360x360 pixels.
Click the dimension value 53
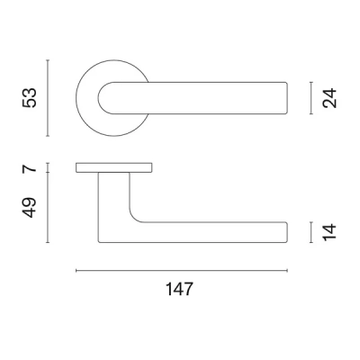pyautogui.click(x=30, y=96)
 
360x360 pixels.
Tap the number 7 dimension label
pyautogui.click(x=29, y=168)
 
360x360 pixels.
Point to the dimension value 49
pyautogui.click(x=30, y=207)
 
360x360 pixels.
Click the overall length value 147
pyautogui.click(x=181, y=290)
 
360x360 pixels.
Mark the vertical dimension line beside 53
pyautogui.click(x=47, y=96)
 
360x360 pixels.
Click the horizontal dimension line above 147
pyautogui.click(x=180, y=270)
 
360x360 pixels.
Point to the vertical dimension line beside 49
pyautogui.click(x=47, y=207)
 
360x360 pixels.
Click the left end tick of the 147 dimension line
pyautogui.click(x=76, y=270)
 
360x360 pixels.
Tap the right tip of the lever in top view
pyautogui.click(x=286, y=97)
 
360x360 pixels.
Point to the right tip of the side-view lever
pyautogui.click(x=286, y=232)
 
